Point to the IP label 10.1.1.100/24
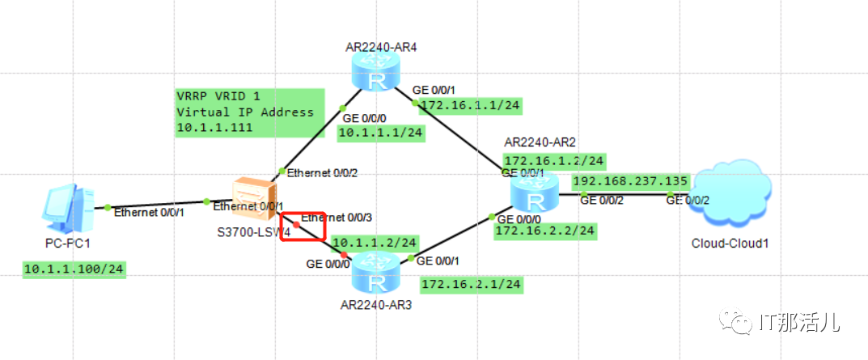[74, 269]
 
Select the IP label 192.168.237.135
[630, 180]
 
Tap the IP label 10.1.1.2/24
[375, 243]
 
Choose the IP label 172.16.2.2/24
[545, 231]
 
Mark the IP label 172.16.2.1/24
[471, 284]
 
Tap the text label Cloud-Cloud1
[729, 243]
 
